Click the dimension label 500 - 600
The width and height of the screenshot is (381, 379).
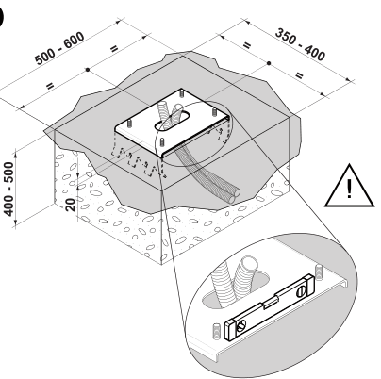click(x=59, y=48)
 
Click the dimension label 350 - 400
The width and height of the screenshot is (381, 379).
click(x=300, y=44)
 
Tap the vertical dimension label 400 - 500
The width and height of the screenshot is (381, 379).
click(x=9, y=189)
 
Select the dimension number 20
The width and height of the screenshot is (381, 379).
click(x=71, y=205)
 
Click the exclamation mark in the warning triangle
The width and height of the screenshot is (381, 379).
click(x=349, y=189)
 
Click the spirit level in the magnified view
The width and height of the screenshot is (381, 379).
click(x=269, y=307)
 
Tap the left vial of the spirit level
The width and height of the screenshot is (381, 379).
click(x=241, y=326)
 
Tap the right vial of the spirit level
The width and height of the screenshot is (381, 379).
click(x=301, y=290)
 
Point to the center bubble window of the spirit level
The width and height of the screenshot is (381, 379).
click(x=271, y=304)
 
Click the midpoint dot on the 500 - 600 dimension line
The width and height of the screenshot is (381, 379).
click(x=88, y=69)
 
